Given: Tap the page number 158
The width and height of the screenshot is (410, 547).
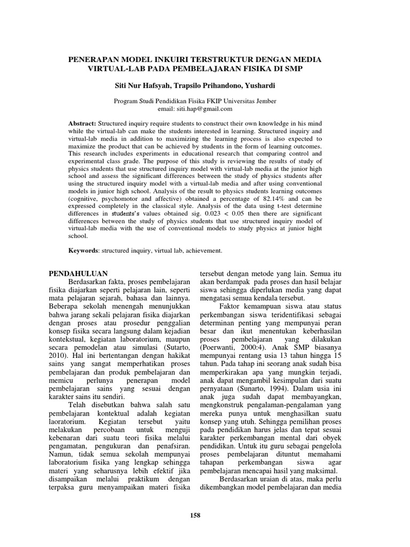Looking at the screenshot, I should [x=195, y=515].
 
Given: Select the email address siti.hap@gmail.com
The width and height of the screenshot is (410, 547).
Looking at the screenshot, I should [x=208, y=108].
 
